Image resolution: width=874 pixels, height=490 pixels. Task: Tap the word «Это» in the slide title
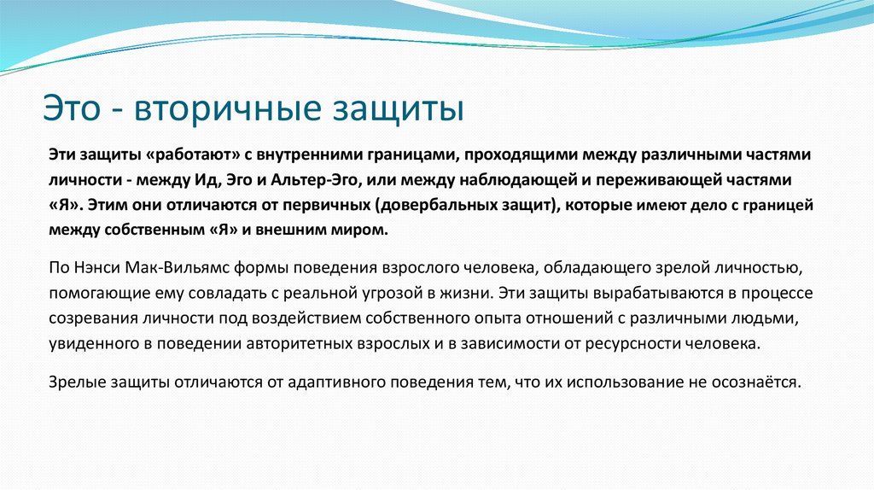tap(74, 110)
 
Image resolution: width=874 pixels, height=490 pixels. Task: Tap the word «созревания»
tap(88, 318)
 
